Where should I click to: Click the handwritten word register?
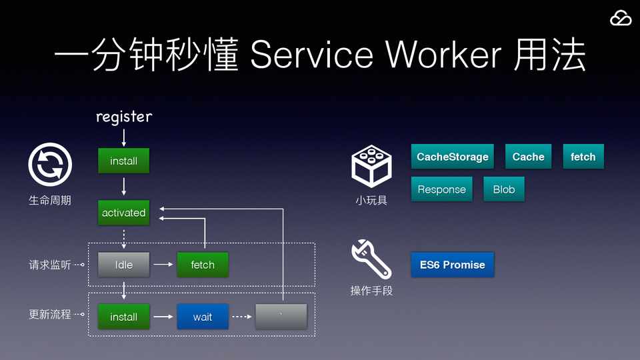[124, 117]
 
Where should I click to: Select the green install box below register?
[123, 161]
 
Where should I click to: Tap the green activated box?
[123, 213]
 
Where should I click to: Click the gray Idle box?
[123, 265]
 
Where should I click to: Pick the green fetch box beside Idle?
[203, 265]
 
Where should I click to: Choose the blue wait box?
[203, 317]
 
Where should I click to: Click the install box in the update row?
[123, 317]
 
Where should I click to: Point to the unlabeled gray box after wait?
[281, 317]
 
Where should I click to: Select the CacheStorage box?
[453, 157]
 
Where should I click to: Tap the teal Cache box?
[528, 157]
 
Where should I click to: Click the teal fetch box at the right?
[583, 157]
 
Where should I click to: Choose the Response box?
[441, 189]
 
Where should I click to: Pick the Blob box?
[504, 189]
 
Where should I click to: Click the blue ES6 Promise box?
[452, 265]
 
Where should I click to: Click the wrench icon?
[371, 259]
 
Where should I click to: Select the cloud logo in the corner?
[620, 19]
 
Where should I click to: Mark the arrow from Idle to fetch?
[163, 265]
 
